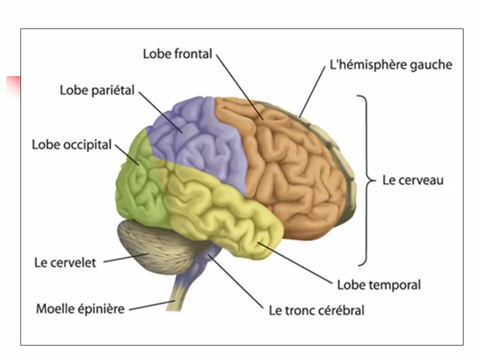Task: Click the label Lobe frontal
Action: (x=177, y=54)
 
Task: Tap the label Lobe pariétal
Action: (x=97, y=90)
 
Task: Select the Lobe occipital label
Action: (x=71, y=144)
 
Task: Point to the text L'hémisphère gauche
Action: (x=390, y=65)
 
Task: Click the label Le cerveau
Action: (x=412, y=180)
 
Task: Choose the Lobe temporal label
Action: (x=378, y=285)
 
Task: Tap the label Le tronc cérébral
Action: (x=316, y=310)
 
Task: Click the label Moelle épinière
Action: (x=80, y=308)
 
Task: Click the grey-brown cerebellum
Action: (x=155, y=245)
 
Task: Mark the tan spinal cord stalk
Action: (x=180, y=295)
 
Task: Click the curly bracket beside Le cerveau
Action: (x=366, y=180)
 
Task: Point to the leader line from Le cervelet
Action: (x=125, y=258)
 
